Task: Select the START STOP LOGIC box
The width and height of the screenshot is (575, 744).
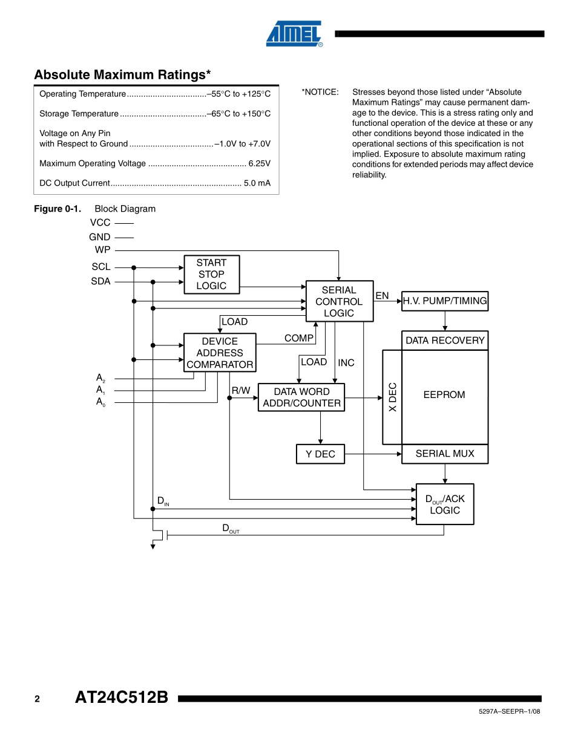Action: pyautogui.click(x=211, y=274)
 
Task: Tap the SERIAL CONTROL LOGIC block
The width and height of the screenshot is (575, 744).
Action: pyautogui.click(x=339, y=301)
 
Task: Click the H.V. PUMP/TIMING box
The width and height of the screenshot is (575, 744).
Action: pyautogui.click(x=445, y=301)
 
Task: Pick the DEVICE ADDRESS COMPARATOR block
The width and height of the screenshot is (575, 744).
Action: pyautogui.click(x=220, y=353)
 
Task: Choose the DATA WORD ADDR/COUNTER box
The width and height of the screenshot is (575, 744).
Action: pyautogui.click(x=301, y=397)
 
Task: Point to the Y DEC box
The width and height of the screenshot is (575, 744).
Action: pyautogui.click(x=320, y=454)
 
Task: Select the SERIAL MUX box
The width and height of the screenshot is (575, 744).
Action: pyautogui.click(x=445, y=454)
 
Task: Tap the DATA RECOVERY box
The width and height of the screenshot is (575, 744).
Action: pyautogui.click(x=445, y=341)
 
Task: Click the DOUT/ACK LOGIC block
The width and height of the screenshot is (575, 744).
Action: pyautogui.click(x=445, y=504)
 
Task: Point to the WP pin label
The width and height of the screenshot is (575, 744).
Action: pyautogui.click(x=103, y=250)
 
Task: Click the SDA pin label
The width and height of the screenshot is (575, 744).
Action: pyautogui.click(x=101, y=281)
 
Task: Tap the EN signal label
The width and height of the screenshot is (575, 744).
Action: pyautogui.click(x=382, y=296)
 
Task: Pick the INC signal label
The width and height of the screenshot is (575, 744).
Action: pyautogui.click(x=346, y=363)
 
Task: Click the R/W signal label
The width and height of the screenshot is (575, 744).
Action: pyautogui.click(x=241, y=391)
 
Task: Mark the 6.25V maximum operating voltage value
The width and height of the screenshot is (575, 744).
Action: pyautogui.click(x=259, y=163)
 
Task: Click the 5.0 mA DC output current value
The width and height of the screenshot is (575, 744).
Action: pyautogui.click(x=257, y=183)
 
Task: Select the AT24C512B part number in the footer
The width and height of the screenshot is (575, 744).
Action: pyautogui.click(x=121, y=697)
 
